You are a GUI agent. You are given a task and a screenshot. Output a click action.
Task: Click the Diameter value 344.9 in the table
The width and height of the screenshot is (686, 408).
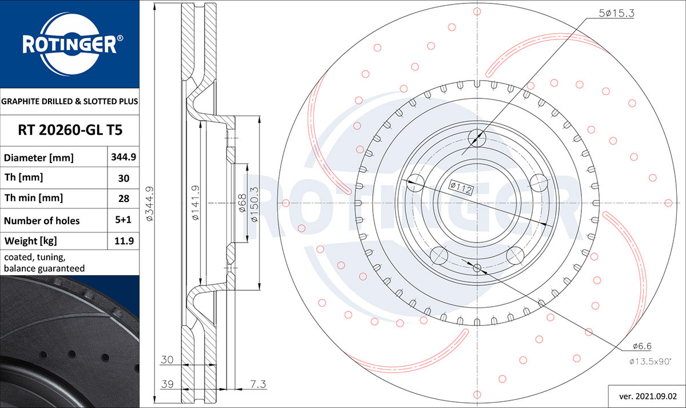point(123,157)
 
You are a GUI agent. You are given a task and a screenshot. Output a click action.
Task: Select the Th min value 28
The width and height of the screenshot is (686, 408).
point(123,199)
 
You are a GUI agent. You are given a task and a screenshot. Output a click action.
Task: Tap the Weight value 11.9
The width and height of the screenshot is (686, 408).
point(124,241)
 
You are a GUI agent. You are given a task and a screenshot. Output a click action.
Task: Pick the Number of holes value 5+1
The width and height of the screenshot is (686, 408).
point(123,220)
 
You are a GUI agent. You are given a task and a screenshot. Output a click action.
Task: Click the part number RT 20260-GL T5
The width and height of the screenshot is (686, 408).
point(70,130)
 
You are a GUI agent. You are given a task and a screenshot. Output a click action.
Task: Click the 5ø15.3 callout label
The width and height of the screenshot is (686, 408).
point(616,13)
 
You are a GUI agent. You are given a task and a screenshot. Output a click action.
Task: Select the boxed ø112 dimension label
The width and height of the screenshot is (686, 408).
point(461,188)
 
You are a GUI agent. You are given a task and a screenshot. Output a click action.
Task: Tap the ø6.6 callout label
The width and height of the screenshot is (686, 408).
point(642,346)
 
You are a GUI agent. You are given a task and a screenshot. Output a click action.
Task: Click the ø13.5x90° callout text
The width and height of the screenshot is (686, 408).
point(650,362)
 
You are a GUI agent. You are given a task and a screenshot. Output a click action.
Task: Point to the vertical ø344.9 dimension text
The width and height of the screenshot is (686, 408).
point(150,203)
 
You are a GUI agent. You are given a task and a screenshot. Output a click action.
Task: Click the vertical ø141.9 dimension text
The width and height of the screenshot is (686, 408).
point(196,203)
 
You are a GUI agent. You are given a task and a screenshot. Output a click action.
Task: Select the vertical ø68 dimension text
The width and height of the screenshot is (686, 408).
point(242,203)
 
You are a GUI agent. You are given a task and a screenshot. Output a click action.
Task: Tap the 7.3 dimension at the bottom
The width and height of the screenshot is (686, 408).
point(258,384)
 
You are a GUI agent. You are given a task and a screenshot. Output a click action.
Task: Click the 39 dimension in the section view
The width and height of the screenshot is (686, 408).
point(167,384)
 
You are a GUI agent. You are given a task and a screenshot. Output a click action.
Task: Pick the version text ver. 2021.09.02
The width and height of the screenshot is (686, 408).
point(648,397)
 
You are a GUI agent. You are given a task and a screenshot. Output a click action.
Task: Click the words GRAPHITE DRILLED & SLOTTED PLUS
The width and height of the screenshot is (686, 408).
point(70,101)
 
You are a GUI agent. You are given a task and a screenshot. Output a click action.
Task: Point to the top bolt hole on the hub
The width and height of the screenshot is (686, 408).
point(477,138)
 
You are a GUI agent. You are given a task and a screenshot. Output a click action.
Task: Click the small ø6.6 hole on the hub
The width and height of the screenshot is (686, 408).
point(477,268)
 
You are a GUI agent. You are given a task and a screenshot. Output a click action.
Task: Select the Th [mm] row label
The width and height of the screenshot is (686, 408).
point(23,177)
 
